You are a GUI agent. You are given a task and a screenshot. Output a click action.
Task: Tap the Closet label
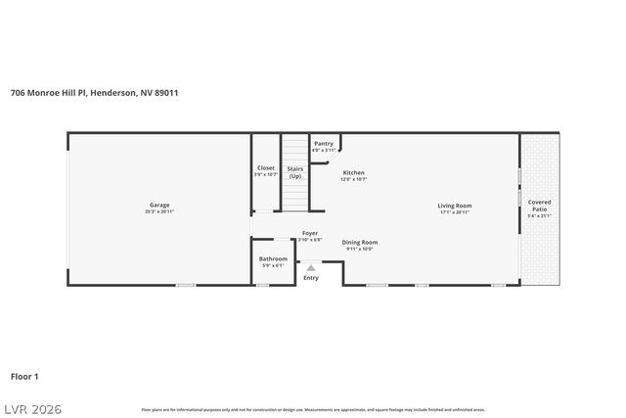click(x=266, y=167)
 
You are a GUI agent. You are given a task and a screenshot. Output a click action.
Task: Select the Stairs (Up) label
click(x=294, y=171)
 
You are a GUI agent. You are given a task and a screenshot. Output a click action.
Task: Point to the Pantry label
click(x=324, y=143)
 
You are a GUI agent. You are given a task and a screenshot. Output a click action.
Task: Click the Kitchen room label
click(x=353, y=172)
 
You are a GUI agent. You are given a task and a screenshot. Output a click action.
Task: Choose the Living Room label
click(x=455, y=205)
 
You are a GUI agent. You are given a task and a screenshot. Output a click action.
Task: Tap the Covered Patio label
click(x=539, y=206)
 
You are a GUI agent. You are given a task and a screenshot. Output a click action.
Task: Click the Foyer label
click(x=310, y=233)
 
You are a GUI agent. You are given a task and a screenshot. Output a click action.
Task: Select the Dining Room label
click(x=360, y=242)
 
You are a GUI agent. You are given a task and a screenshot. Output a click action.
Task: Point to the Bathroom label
click(x=274, y=258)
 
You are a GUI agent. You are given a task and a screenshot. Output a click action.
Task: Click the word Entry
click(x=311, y=278)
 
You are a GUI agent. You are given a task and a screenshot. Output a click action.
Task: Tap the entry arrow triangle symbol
click(x=311, y=266)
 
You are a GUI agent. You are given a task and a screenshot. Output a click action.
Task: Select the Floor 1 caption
click(x=24, y=375)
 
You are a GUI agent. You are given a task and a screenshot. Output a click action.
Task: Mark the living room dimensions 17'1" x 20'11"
click(x=455, y=211)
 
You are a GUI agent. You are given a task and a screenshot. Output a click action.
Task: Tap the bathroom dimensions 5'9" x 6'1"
click(x=274, y=265)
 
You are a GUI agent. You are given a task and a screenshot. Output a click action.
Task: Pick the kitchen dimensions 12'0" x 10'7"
click(x=353, y=179)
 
